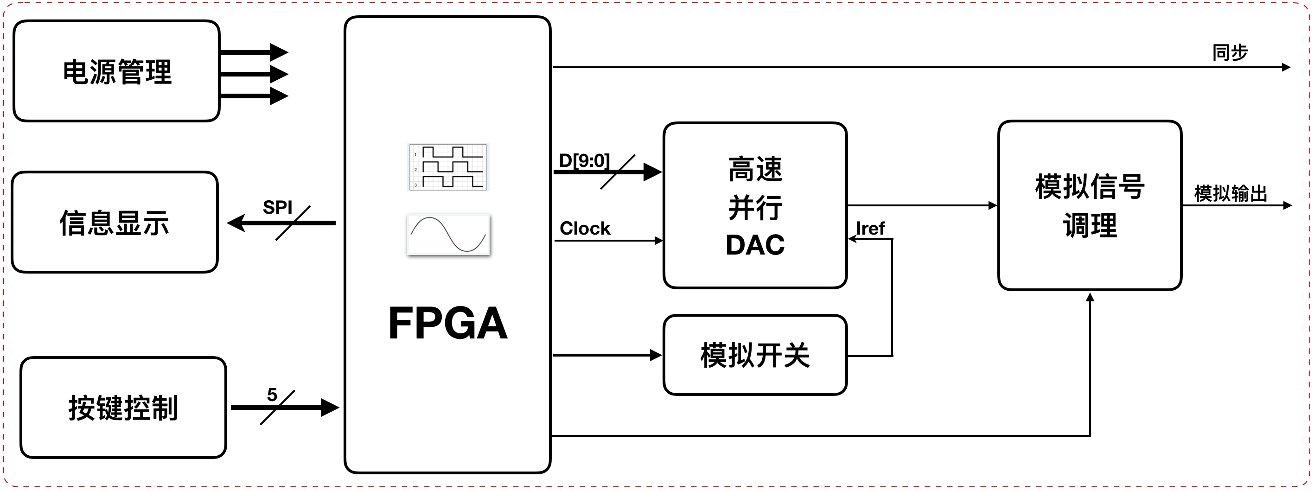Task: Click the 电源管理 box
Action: tap(116, 71)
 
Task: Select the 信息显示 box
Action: tap(115, 222)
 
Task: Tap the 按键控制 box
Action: tap(123, 408)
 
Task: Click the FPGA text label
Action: tap(448, 323)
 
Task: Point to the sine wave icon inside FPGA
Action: tap(448, 235)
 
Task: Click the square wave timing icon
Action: tap(448, 167)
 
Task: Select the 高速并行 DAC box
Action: tap(755, 205)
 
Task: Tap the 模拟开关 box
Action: tap(755, 355)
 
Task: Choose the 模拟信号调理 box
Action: tap(1090, 205)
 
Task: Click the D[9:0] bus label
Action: tap(584, 160)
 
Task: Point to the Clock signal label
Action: tap(585, 228)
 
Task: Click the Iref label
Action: tap(870, 228)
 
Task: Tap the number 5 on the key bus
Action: tap(272, 394)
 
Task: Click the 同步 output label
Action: tap(1230, 52)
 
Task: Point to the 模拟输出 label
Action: tap(1231, 194)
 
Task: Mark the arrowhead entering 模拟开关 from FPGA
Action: tap(656, 355)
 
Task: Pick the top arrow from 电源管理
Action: tap(254, 52)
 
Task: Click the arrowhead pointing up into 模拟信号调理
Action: tap(1090, 297)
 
